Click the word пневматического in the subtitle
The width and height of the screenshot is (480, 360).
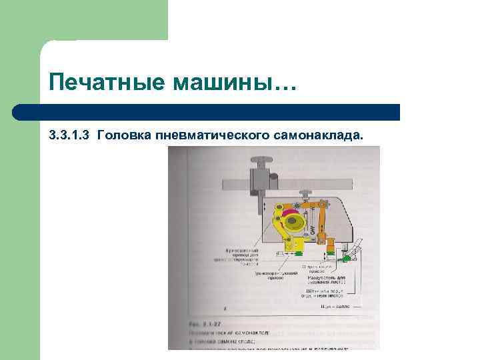(213, 135)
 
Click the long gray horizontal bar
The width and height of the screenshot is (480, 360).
(287, 183)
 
